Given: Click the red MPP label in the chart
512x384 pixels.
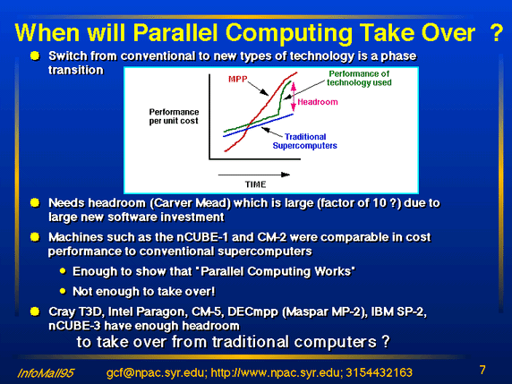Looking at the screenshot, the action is point(238,79).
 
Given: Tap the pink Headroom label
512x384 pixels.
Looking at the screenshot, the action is point(318,102).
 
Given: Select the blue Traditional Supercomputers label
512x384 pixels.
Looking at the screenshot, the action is point(304,141).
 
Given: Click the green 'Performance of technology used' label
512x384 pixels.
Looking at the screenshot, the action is point(359,78).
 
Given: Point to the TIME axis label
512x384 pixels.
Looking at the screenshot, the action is point(256,184).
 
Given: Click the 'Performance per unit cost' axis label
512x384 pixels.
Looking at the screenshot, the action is point(174,116).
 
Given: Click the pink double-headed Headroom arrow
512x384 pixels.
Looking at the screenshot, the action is point(294,97).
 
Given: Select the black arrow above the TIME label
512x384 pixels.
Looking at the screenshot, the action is point(253,175).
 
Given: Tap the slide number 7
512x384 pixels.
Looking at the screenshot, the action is point(482,370).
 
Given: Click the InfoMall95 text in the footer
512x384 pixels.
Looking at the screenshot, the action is point(46,373).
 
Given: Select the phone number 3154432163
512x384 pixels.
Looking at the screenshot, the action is point(380,372).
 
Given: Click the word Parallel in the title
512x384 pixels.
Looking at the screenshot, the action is point(175,32).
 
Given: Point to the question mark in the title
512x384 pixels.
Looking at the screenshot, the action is point(496,32).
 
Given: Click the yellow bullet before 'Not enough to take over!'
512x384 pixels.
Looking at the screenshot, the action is point(63,291).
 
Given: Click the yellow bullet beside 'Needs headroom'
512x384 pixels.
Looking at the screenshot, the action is point(35,203).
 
